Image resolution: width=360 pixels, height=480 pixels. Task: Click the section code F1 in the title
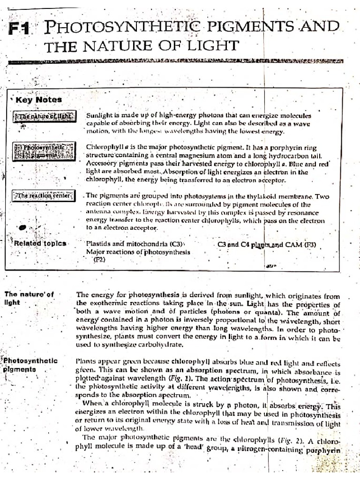pyautogui.click(x=19, y=30)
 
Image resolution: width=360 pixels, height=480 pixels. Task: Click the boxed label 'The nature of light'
pyautogui.click(x=45, y=117)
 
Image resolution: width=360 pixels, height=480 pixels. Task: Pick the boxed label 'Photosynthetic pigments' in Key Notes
pyautogui.click(x=44, y=151)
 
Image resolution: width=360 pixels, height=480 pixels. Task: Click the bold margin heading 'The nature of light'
pyautogui.click(x=29, y=298)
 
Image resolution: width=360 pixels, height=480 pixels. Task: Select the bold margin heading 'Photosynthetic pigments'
pyautogui.click(x=30, y=365)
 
